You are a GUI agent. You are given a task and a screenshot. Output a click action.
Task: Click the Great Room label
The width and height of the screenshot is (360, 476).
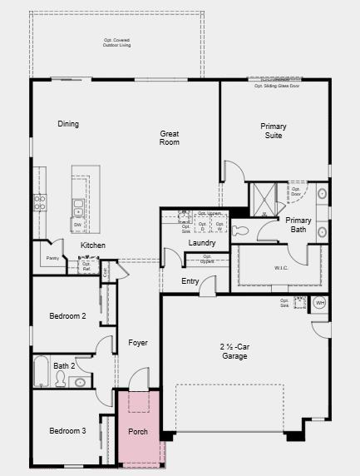coord(170,137)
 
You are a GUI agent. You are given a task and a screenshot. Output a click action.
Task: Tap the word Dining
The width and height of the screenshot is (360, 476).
coord(68,124)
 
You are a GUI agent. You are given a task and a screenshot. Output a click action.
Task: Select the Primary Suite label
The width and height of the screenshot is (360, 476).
coord(273,131)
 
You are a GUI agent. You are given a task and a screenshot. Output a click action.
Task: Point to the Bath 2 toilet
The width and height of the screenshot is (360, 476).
coord(60,379)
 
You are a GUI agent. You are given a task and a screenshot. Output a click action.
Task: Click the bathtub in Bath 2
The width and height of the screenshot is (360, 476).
coord(42,372)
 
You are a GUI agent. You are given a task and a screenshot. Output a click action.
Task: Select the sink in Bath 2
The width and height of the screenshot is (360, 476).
coord(80,382)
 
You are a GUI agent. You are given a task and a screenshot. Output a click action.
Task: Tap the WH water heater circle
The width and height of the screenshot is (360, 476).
coord(320,304)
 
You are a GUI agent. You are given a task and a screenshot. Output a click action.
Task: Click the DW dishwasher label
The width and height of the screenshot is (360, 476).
coord(77,225)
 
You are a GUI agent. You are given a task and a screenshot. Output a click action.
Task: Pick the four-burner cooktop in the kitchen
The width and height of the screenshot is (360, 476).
coord(39,201)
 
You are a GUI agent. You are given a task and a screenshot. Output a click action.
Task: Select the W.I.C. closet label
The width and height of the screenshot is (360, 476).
coord(281,268)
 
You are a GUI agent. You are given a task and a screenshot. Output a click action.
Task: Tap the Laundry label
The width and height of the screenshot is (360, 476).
coord(202,243)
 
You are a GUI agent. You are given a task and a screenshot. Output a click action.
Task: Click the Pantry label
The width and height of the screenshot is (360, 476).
coord(52,258)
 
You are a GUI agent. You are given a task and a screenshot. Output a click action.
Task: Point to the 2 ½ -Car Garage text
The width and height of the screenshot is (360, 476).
coord(234,351)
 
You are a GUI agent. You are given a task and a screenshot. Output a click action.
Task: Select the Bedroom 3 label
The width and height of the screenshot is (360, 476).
coord(67,430)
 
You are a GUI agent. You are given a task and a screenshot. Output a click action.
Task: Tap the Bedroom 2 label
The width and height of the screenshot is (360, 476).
coord(67,316)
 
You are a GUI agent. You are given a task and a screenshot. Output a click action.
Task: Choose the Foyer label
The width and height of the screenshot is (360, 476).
coord(137,342)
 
